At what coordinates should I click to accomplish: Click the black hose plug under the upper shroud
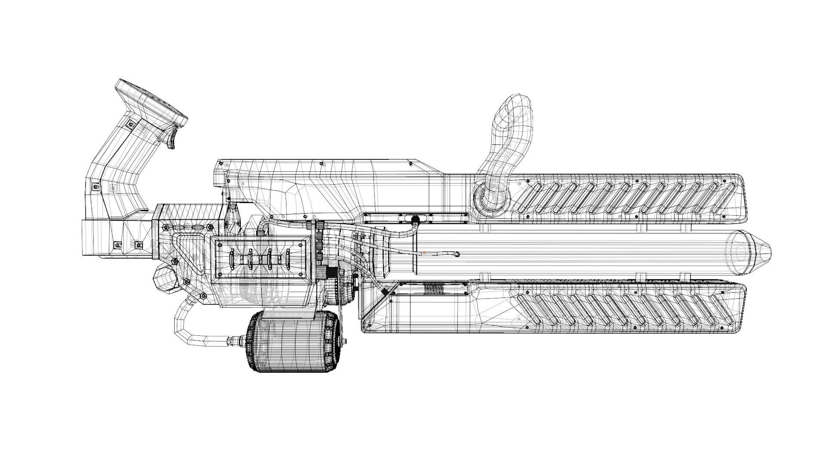[x=415, y=220]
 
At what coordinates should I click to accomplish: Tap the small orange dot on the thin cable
[x=424, y=253]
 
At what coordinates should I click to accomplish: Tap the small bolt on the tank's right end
[x=345, y=342]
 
